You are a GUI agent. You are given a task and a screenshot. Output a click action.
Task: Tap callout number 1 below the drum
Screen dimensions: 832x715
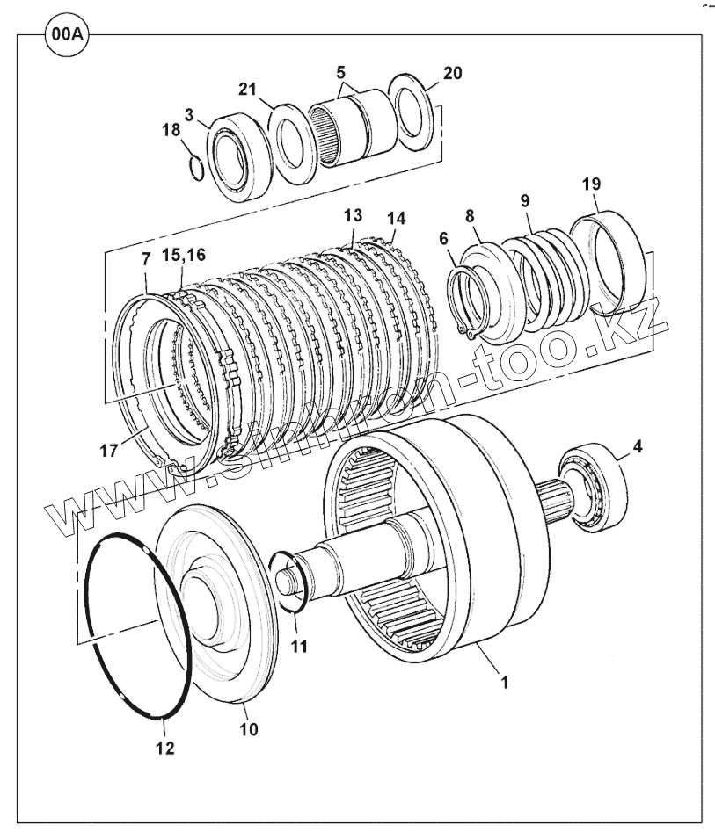point(504,679)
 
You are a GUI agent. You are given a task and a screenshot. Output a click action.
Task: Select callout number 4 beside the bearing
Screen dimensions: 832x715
point(637,446)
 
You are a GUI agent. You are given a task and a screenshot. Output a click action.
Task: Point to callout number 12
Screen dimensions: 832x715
point(164,748)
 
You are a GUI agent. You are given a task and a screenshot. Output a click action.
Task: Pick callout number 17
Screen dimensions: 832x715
point(108,451)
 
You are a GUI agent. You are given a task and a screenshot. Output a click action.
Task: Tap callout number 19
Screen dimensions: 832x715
point(591,184)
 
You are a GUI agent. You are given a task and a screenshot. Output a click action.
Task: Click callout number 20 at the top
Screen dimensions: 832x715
point(451,73)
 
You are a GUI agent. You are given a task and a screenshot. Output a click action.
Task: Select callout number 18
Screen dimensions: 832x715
point(170,129)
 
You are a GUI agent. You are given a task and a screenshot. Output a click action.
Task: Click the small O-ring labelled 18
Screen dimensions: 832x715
point(199,167)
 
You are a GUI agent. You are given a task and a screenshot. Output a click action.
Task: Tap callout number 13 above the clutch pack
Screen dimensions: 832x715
point(353,215)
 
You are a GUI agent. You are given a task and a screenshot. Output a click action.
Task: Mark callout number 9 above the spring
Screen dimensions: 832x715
point(524,200)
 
